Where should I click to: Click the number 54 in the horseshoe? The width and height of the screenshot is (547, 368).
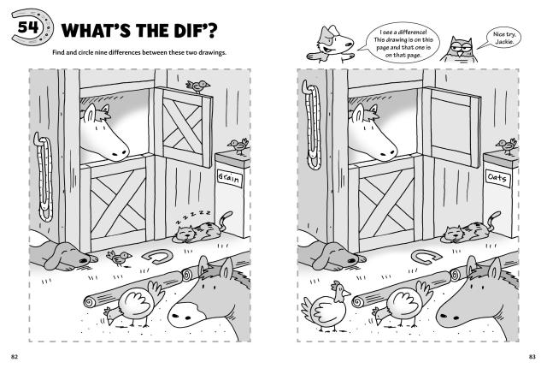coord(28,27)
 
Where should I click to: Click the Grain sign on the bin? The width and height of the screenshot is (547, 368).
coord(229,178)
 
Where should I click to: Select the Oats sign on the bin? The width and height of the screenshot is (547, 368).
coord(497,178)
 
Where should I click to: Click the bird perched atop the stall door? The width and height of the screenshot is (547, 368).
coord(197,86)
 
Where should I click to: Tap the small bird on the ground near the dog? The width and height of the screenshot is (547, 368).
coord(120,258)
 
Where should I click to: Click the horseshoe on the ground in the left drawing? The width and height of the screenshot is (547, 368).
coord(157,257)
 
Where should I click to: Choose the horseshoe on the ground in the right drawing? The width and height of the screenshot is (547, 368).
coord(426,257)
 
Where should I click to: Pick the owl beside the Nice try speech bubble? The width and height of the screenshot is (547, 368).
coord(460,50)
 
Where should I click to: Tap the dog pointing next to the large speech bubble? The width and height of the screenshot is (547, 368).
coord(332,45)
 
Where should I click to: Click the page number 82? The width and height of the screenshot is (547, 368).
coord(15,357)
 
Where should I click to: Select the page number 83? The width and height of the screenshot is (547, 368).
coord(532,357)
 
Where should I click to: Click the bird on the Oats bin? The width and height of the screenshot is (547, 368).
coord(507,145)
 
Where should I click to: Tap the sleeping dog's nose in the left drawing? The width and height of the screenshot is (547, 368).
coord(85,260)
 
